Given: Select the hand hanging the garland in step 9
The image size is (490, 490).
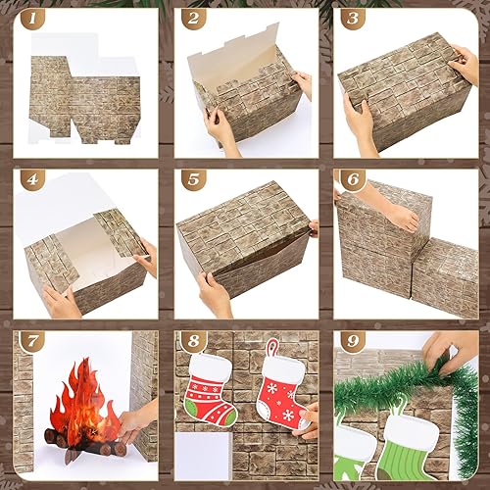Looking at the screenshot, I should (452, 347).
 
